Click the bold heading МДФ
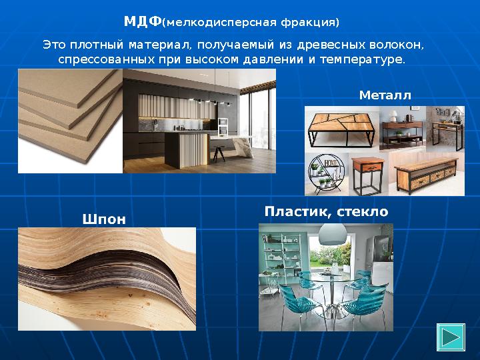pos(143,21)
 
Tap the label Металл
pos(385,95)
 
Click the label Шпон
pos(103,218)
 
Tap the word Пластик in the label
pos(297,211)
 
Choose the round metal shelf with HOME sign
pos(325,175)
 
